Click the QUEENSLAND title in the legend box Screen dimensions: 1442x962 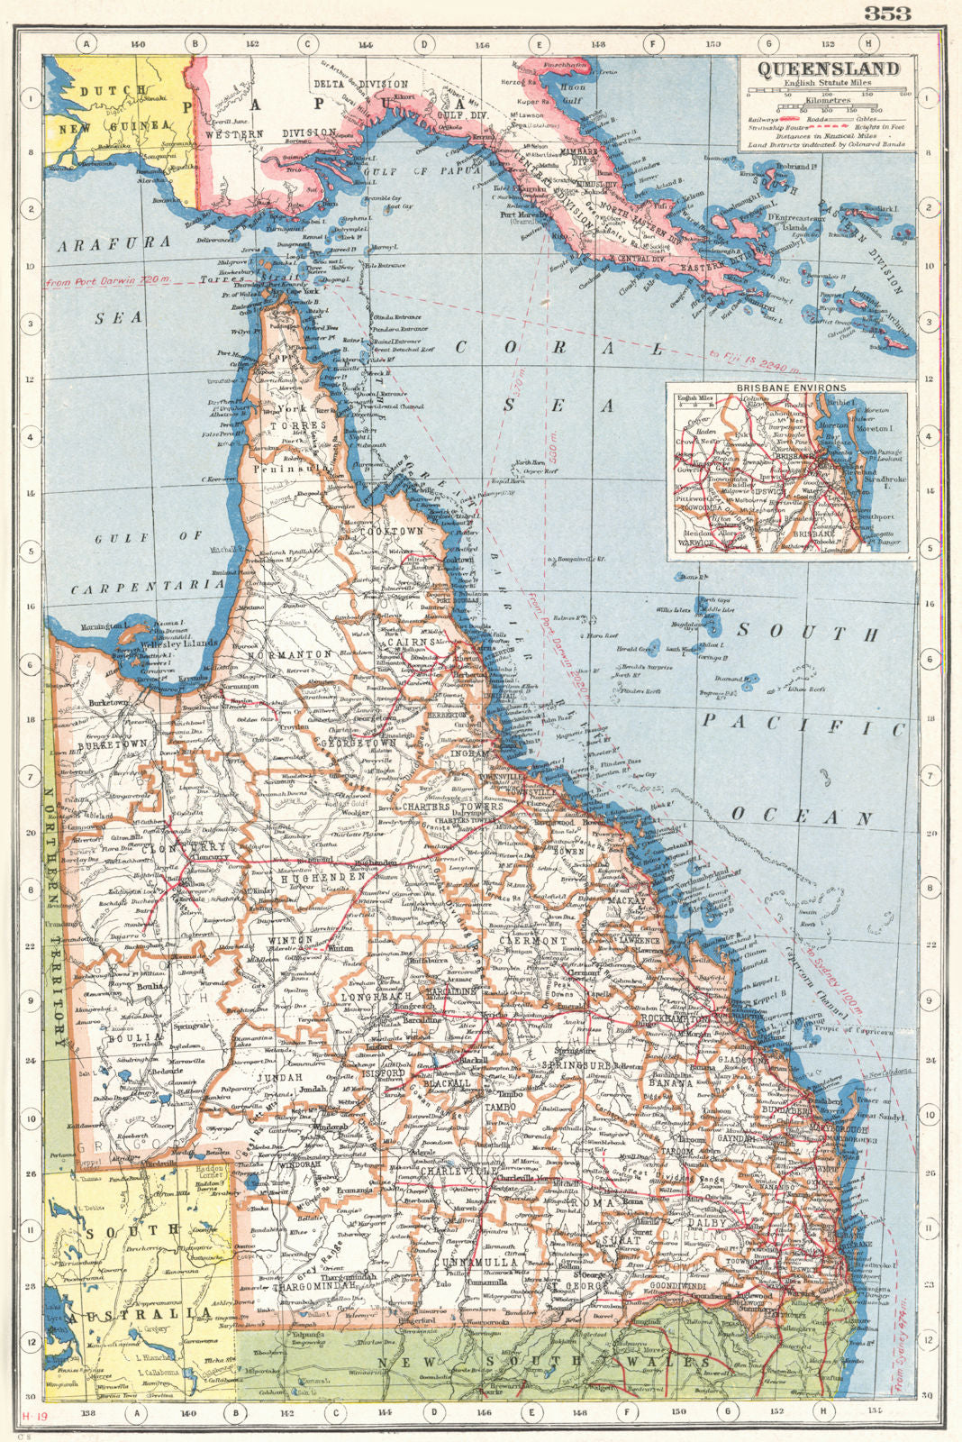point(827,70)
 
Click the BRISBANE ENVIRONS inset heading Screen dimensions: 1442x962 point(787,388)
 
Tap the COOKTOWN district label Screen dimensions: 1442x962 point(391,532)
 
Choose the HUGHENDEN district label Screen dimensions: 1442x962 point(322,875)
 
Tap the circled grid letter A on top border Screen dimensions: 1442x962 point(86,42)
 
